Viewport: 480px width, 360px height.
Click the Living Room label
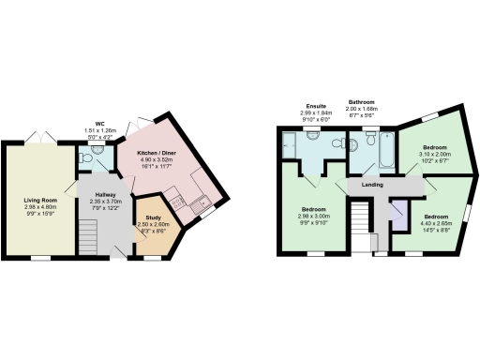[x=40, y=200]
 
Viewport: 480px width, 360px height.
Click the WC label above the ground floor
[x=99, y=123]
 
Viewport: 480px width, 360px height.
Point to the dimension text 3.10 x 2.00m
[x=433, y=155]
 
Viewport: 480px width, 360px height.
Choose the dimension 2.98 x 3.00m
[x=314, y=216]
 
